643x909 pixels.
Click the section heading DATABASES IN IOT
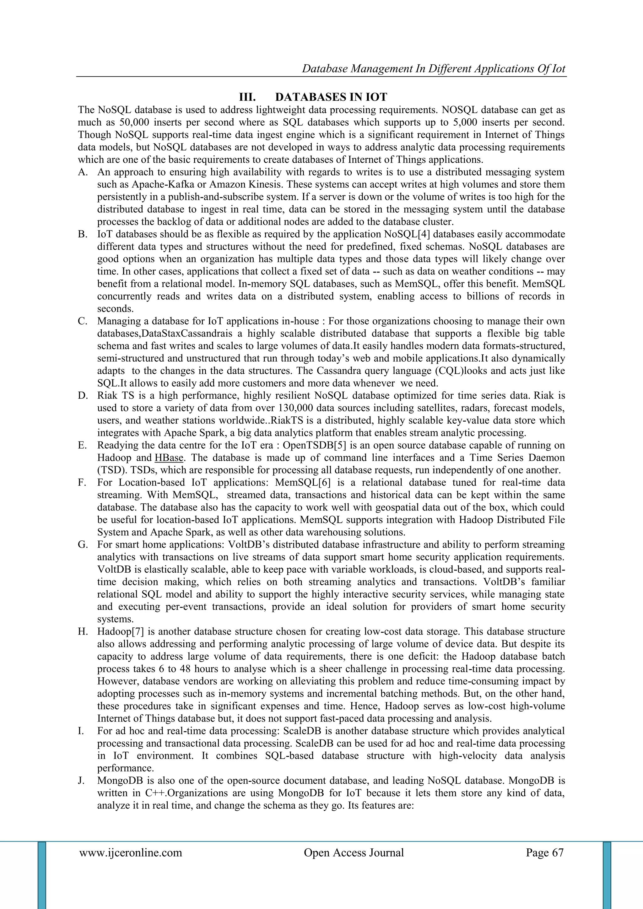(x=331, y=97)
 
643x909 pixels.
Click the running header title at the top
(x=434, y=69)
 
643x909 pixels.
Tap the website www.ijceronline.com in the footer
(x=131, y=852)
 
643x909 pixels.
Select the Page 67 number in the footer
(x=544, y=852)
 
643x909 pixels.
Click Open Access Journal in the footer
(x=354, y=852)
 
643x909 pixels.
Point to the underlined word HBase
(x=169, y=458)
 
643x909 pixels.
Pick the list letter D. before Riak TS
(x=83, y=396)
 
